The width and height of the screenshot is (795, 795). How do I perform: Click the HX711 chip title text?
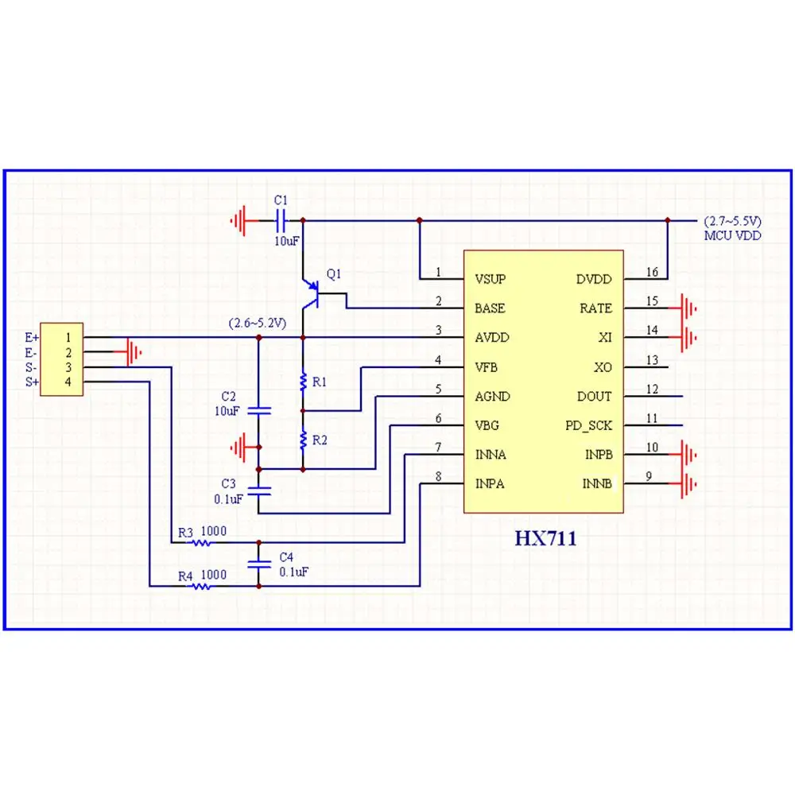[545, 538]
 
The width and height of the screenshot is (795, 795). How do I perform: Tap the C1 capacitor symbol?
[280, 220]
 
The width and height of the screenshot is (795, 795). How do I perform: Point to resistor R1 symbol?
[303, 382]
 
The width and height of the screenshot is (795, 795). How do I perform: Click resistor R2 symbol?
[303, 440]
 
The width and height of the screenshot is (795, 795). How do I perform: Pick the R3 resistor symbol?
[202, 544]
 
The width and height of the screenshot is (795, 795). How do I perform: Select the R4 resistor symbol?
[202, 587]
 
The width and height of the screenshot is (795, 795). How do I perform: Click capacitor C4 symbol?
[258, 564]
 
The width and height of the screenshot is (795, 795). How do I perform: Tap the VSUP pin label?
[490, 280]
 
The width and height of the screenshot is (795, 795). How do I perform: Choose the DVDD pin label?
[594, 280]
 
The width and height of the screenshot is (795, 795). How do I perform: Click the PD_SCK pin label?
[588, 425]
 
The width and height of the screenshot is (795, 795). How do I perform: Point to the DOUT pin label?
[594, 396]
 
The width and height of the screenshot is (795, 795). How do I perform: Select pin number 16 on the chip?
[652, 273]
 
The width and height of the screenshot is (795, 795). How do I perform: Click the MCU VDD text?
[732, 235]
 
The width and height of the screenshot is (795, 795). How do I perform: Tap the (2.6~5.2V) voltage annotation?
[257, 324]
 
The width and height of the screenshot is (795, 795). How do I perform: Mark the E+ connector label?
[32, 337]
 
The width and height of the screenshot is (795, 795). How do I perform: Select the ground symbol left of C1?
[240, 220]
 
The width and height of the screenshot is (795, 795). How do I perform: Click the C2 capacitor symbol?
[258, 410]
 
